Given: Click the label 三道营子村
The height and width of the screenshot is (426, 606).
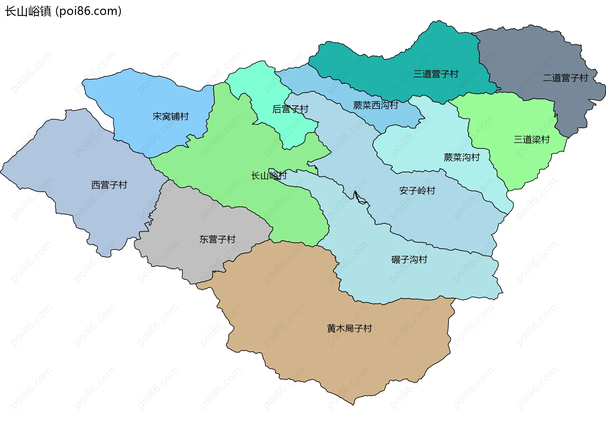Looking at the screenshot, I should tap(436, 74).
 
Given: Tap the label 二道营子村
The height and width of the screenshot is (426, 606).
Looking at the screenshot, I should tap(565, 78).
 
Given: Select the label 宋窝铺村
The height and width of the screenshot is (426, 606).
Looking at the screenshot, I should tap(170, 116).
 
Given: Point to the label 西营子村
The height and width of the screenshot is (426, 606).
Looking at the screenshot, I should tap(109, 185).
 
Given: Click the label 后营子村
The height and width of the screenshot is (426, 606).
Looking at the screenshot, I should tap(290, 109).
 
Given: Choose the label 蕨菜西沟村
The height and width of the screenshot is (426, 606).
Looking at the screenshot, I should tap(376, 105).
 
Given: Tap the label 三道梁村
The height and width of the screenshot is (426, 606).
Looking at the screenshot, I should tap(532, 139).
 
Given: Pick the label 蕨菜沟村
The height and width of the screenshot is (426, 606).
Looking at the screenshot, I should tap(461, 157).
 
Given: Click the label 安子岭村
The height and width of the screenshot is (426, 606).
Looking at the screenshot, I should tap(417, 191).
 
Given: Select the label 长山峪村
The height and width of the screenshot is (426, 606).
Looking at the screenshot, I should tap(269, 175).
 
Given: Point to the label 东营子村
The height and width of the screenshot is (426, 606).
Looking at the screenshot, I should tap(217, 239).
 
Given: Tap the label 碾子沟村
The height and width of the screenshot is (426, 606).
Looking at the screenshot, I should tap(409, 259).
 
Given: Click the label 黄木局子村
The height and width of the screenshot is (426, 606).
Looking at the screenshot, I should tap(349, 328).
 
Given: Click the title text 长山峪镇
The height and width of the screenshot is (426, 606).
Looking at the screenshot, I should tap(28, 11).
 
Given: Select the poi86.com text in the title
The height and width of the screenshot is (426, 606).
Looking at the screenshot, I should tap(88, 11).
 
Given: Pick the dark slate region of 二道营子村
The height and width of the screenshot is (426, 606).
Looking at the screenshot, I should tap(530, 54).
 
